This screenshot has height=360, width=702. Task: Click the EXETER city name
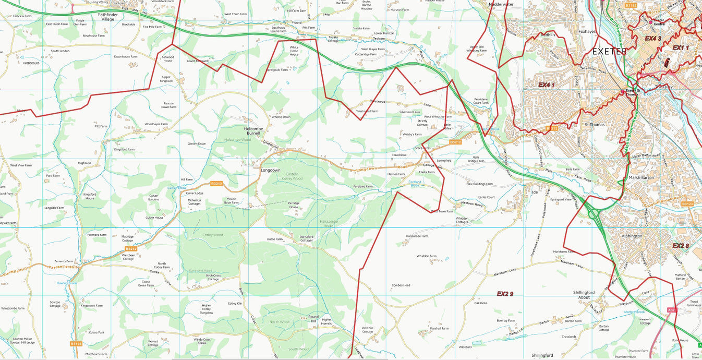610,52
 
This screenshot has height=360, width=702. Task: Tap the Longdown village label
270,170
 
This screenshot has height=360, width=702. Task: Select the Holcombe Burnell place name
253,130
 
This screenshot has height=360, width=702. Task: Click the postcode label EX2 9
505,294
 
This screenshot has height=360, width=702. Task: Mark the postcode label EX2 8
681,246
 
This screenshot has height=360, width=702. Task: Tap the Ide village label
534,191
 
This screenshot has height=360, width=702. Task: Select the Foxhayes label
587,31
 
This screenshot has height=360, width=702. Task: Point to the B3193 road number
76,344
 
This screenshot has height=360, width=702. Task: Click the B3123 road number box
687,204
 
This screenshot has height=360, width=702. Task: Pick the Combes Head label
401,285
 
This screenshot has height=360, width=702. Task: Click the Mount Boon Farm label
231,200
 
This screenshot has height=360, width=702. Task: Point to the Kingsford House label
89,196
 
